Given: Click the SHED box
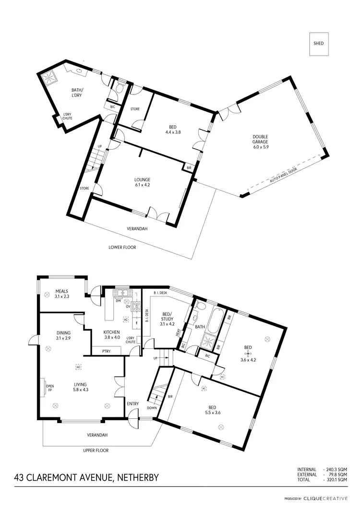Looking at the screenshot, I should (x=319, y=44).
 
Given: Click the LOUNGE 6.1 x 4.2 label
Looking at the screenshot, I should (x=143, y=182).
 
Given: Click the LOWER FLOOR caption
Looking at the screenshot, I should (x=122, y=248).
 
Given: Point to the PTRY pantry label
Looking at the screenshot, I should (x=107, y=351).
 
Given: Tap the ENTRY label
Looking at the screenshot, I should (x=132, y=403).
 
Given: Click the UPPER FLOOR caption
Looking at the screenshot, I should (x=96, y=450).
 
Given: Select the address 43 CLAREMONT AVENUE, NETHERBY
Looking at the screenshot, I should (x=86, y=478).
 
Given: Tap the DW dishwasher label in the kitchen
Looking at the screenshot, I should (x=118, y=301).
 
